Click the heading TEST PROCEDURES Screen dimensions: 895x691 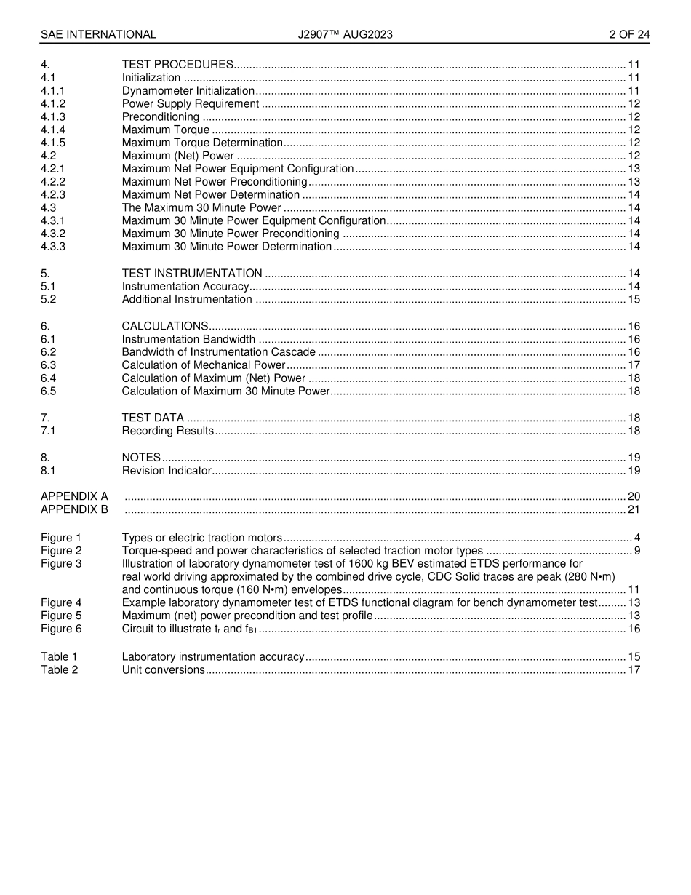click(x=177, y=65)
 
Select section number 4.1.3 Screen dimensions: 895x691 click(x=53, y=117)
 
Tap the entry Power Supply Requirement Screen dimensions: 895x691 click(x=191, y=104)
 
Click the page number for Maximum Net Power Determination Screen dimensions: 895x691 click(x=634, y=195)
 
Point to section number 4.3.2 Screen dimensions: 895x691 click(x=53, y=234)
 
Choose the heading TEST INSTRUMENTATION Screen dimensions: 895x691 click(x=192, y=274)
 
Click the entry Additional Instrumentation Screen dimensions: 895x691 click(x=187, y=299)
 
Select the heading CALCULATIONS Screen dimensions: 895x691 click(x=165, y=326)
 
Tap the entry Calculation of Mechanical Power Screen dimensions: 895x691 click(x=204, y=365)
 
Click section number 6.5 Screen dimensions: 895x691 click(x=48, y=391)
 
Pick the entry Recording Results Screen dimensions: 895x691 click(x=168, y=431)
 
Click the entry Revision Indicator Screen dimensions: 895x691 click(x=167, y=471)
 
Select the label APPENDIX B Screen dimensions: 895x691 click(x=74, y=509)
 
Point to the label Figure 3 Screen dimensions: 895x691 click(x=61, y=564)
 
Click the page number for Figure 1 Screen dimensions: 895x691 click(x=636, y=538)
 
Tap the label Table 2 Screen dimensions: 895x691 click(x=59, y=669)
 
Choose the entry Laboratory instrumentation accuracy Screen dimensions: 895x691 click(x=213, y=656)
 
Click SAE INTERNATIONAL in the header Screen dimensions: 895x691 click(x=98, y=34)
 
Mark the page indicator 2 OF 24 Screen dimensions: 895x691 click(x=629, y=34)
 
